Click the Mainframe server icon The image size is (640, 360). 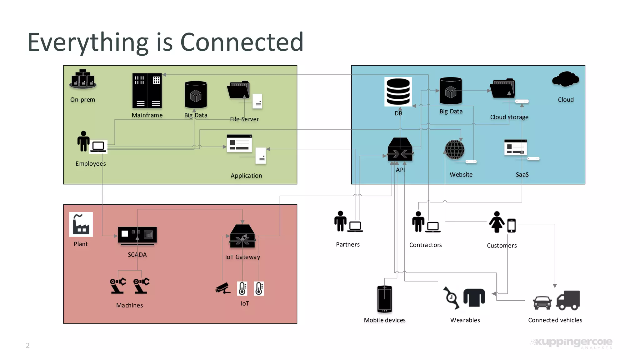coord(147,91)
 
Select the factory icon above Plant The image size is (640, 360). coord(81,224)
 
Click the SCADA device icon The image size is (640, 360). coord(137,235)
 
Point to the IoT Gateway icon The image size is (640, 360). coord(242,236)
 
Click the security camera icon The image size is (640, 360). coord(223,288)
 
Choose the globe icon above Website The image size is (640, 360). coord(455,150)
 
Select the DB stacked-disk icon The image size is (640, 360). coord(398,92)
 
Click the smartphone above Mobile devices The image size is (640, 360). coord(384,299)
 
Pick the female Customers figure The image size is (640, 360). coord(497,222)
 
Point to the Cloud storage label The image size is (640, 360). coord(509,117)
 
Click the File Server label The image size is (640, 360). coord(244,119)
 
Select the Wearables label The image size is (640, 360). coord(465,320)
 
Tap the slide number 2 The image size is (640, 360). coord(28,345)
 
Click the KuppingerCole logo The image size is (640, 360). coord(572,343)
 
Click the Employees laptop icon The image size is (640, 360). coord(98,147)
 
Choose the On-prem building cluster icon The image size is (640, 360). coord(83,79)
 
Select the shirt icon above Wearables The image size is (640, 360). coord(474,297)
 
